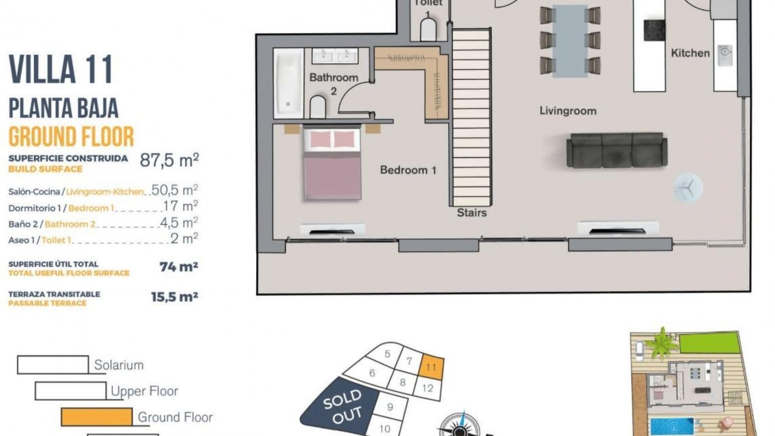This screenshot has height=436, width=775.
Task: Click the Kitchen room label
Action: click(x=690, y=53)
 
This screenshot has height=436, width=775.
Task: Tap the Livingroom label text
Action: click(x=568, y=111)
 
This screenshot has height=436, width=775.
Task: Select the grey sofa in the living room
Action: click(x=617, y=150)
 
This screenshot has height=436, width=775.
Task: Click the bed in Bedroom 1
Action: click(x=332, y=163)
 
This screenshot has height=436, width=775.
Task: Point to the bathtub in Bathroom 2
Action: click(x=289, y=83)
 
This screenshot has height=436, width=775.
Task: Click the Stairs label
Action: click(x=471, y=213)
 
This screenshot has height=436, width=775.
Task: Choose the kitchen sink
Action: click(x=725, y=52)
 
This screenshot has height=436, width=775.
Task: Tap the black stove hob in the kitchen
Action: click(x=654, y=30)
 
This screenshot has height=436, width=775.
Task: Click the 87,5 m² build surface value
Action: click(x=169, y=160)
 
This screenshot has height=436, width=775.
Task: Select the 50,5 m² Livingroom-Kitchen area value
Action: click(x=174, y=190)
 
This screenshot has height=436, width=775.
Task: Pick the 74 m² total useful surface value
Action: click(x=178, y=267)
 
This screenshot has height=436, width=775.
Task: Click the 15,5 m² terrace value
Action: click(x=174, y=297)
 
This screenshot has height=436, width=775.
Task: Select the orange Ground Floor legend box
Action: click(x=96, y=417)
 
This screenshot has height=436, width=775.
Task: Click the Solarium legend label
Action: click(x=119, y=365)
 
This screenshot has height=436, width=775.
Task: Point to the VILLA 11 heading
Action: click(x=61, y=69)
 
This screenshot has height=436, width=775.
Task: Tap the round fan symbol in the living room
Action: click(x=688, y=188)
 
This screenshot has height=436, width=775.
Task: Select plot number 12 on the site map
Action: click(x=427, y=388)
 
